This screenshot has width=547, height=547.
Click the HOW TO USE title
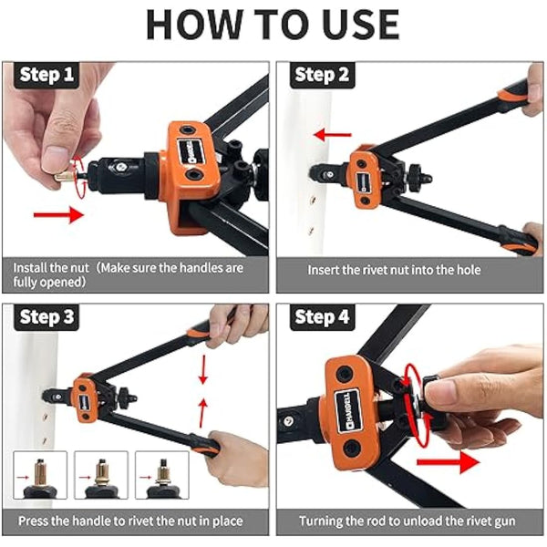273,24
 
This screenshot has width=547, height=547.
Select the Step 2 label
322,75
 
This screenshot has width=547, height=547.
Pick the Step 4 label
322,318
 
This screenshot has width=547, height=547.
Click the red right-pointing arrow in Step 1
57,216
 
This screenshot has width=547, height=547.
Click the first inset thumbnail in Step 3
40,475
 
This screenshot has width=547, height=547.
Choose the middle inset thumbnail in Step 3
101,475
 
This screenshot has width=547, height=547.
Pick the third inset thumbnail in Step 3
161,475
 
